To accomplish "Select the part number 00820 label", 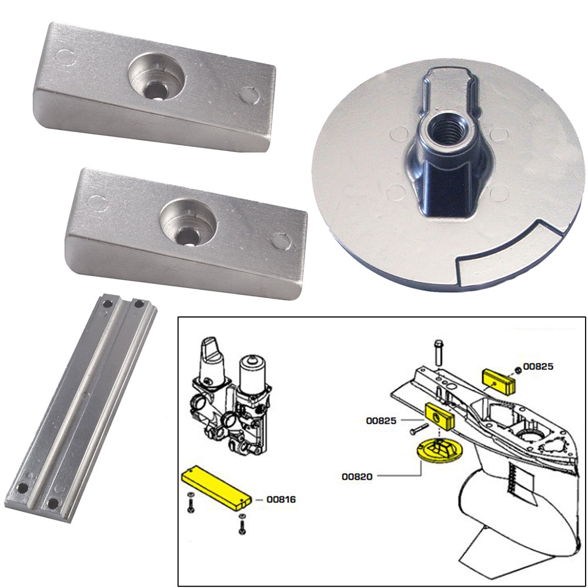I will click(x=356, y=477).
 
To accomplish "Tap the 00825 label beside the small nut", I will click(x=539, y=366).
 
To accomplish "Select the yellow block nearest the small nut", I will click(x=499, y=382).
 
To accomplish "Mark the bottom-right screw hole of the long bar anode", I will click(x=54, y=502).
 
